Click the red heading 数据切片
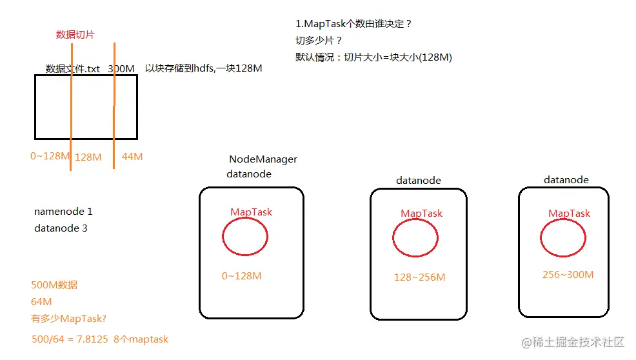[x=75, y=35]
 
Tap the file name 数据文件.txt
[x=73, y=68]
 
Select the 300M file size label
[x=121, y=68]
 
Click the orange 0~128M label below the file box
[x=50, y=156]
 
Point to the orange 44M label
[x=132, y=157]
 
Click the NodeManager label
[x=263, y=159]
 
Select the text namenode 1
[x=63, y=212]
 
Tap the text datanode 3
[x=61, y=228]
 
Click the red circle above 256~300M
[x=563, y=239]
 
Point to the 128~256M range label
[x=419, y=277]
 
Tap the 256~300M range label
[x=568, y=275]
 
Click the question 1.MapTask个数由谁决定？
[x=353, y=24]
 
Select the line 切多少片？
[x=319, y=41]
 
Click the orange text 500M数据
[x=54, y=285]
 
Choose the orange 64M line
[x=42, y=302]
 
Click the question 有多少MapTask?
[x=69, y=318]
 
